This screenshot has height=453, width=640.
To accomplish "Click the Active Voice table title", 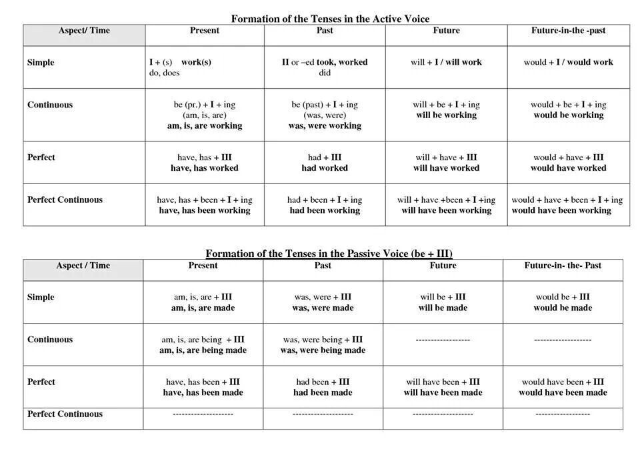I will [x=330, y=19].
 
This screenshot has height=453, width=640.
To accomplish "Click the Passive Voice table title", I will [x=329, y=254].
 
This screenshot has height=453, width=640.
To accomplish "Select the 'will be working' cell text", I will [x=446, y=115].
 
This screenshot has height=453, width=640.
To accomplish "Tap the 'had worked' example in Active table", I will [x=325, y=168].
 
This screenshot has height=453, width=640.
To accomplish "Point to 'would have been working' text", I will [x=561, y=210].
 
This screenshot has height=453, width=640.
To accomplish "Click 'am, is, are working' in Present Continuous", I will [x=205, y=125].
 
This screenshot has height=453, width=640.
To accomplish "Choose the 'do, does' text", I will [x=164, y=73].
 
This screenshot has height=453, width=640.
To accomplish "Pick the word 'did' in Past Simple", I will [x=325, y=73].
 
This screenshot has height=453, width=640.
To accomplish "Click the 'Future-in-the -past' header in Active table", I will [x=568, y=31].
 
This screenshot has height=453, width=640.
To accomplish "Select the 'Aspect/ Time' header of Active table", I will [x=84, y=31].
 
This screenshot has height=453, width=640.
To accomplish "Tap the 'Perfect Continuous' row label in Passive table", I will [x=65, y=414].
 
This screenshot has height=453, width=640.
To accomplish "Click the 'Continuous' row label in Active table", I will [x=50, y=105].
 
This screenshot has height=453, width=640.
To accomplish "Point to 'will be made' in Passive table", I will [x=443, y=308].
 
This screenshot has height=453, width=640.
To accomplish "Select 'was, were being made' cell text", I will [x=323, y=350].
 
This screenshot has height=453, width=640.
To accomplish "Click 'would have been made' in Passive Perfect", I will [x=563, y=392].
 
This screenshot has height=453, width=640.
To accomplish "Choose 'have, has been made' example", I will [x=203, y=392].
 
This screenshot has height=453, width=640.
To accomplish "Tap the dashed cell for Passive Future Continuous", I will [x=443, y=340].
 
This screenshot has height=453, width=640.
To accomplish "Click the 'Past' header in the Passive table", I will [x=323, y=266].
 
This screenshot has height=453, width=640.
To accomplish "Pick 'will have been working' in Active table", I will [x=446, y=210].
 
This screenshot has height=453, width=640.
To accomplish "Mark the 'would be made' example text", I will [x=563, y=308].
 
